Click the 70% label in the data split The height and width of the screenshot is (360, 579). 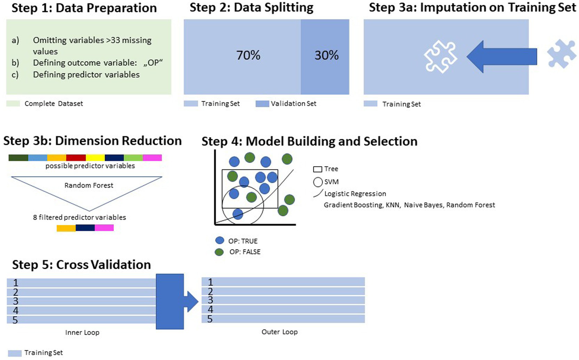[248, 55]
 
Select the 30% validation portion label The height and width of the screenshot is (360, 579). [326, 55]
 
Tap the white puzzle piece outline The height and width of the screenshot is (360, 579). [440, 57]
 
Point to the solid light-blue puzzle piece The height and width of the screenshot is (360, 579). [562, 54]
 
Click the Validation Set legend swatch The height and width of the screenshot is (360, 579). [262, 104]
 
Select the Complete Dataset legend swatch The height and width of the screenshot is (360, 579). [13, 104]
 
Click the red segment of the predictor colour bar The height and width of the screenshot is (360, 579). [76, 158]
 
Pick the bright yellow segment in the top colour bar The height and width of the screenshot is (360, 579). [95, 158]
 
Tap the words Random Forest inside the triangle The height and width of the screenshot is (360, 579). [89, 185]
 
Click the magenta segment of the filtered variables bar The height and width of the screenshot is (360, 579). [104, 228]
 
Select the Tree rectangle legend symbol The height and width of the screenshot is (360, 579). [318, 169]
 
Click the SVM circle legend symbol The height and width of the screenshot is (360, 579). [318, 182]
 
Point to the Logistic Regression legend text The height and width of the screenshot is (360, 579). [355, 194]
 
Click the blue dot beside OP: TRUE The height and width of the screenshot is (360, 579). [220, 241]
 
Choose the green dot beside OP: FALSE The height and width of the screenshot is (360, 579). [219, 252]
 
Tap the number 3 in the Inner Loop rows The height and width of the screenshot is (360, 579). [15, 301]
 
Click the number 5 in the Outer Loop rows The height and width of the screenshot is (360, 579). [210, 319]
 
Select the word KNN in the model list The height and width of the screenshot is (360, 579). [392, 205]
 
